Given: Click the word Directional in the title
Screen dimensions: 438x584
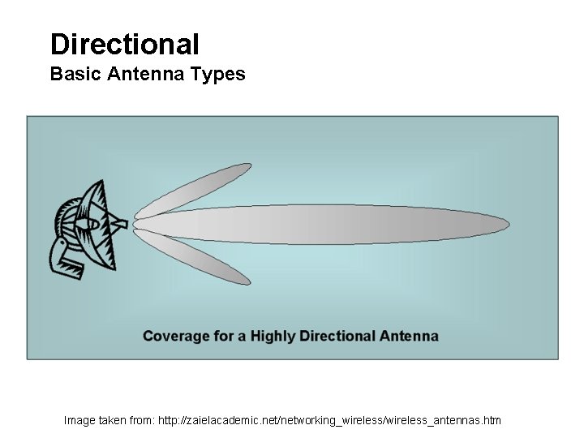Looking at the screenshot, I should coord(124,43).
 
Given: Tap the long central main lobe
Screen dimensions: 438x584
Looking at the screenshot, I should coord(324,224).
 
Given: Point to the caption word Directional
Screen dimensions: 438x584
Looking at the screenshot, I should coord(337,336).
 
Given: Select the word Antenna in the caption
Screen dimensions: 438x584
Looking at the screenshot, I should coord(409,336).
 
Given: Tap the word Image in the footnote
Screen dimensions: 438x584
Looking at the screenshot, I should coord(79,420).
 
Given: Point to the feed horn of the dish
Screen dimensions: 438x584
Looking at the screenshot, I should coord(120,222).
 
